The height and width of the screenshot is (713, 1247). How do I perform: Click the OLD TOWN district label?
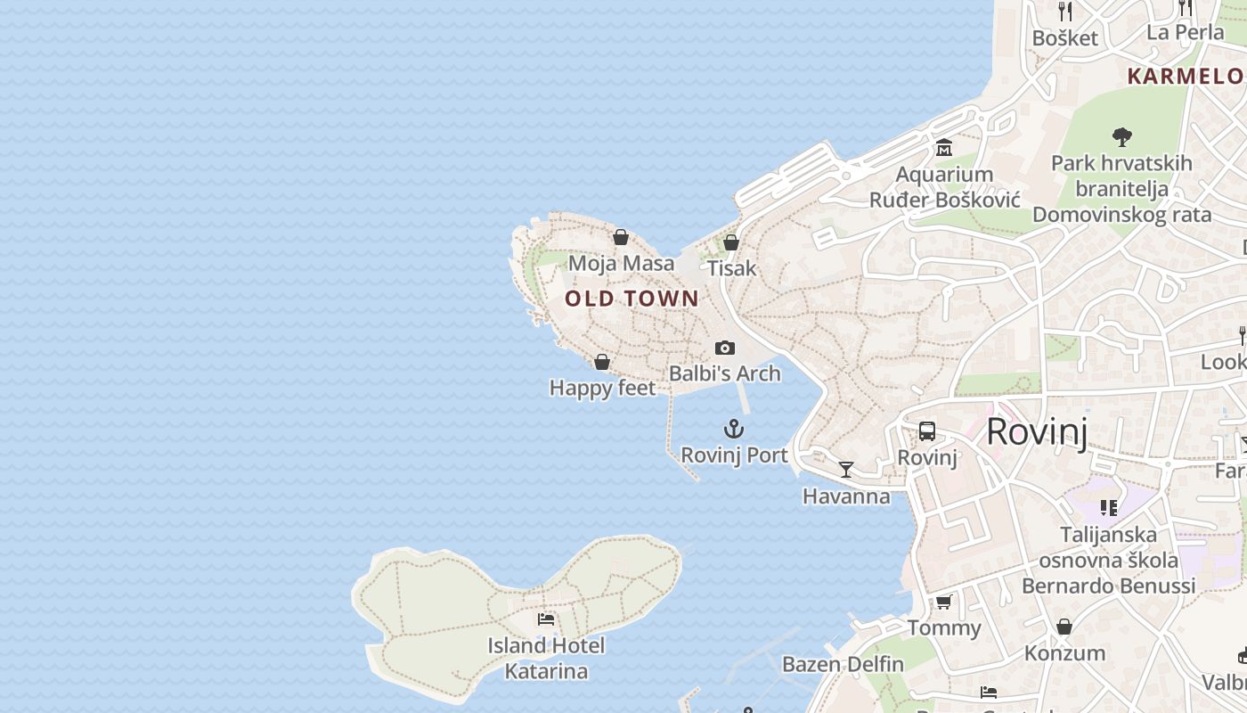632,299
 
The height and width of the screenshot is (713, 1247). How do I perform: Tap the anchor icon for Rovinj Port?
733,430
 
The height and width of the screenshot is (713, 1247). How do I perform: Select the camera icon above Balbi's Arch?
725,348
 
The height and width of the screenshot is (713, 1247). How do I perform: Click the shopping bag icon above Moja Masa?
621,237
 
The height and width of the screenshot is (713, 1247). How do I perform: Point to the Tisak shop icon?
731,242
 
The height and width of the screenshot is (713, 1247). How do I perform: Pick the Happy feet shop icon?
602,362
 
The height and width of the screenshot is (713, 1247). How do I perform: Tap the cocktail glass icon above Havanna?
846,470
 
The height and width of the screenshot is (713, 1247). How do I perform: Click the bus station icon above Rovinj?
926,432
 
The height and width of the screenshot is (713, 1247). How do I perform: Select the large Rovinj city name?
1037,432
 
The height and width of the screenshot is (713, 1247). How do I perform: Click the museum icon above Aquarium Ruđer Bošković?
944,147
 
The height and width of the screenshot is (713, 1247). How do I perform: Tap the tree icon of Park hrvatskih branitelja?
1121,137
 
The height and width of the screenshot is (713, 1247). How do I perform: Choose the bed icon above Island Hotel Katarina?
546,619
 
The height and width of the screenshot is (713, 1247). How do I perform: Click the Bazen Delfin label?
843,664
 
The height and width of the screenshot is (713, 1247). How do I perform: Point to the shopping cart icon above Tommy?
943,602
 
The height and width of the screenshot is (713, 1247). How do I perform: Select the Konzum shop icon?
1064,627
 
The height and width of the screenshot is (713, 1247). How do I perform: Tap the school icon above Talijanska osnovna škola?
1108,508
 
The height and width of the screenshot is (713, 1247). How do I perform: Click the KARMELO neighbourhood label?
1185,76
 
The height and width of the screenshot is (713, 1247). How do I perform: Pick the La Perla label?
1185,33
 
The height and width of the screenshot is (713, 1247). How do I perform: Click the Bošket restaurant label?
1065,38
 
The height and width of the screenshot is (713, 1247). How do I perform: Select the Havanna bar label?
846,496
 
